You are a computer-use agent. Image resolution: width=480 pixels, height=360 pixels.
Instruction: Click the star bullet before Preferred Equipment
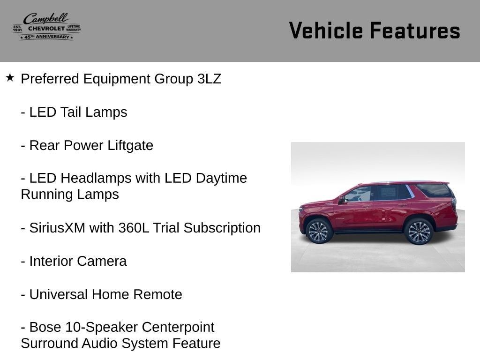[x=10, y=77]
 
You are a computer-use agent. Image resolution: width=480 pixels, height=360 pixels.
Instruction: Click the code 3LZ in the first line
[x=210, y=79]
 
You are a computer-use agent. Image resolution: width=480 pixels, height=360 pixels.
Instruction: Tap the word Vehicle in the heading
[x=326, y=30]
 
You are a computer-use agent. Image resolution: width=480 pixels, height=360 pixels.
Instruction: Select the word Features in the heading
[x=415, y=30]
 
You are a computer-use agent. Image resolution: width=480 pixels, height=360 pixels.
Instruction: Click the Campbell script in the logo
[x=46, y=18]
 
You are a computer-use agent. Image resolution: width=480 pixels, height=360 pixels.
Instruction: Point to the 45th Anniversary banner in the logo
[x=46, y=37]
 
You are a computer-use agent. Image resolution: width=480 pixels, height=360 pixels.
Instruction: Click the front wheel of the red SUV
[x=319, y=231]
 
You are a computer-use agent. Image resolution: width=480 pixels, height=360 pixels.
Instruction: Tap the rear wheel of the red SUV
[x=419, y=231]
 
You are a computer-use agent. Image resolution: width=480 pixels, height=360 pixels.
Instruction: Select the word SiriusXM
[x=57, y=228]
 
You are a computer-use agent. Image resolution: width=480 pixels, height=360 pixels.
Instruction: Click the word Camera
[x=102, y=261]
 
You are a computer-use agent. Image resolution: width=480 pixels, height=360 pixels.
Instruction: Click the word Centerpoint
[x=178, y=328]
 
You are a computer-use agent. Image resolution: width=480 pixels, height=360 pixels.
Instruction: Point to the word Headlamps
[x=96, y=179]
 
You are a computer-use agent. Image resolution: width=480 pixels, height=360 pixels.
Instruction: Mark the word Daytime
[x=221, y=179]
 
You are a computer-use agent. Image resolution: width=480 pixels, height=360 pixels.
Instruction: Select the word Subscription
[x=222, y=228]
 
